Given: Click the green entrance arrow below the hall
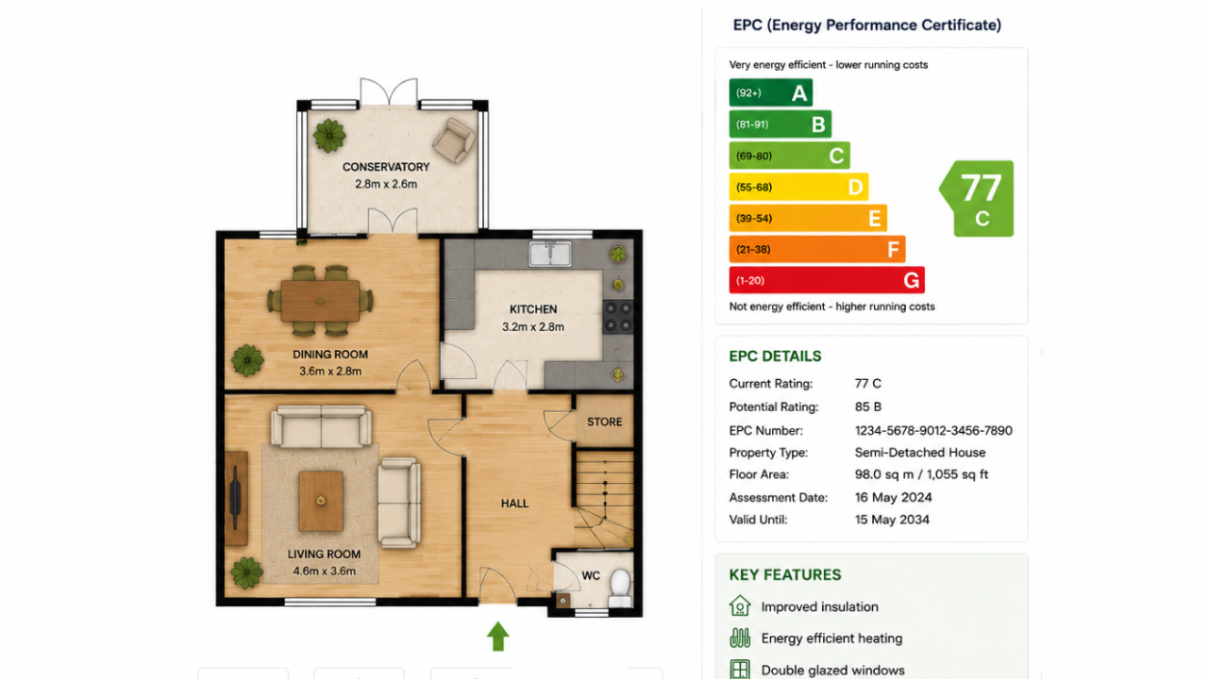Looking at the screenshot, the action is [497, 637].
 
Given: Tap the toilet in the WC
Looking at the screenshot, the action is [620, 588].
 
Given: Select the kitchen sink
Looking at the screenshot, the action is [549, 255].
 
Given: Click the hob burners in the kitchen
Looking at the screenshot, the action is [618, 317].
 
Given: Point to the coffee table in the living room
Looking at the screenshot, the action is [321, 501].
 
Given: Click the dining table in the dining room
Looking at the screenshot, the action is [320, 301].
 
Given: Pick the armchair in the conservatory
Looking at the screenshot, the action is [454, 141].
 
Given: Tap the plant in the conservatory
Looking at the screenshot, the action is [329, 135].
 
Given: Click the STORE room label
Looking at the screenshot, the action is [605, 422].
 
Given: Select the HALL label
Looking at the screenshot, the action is [514, 504].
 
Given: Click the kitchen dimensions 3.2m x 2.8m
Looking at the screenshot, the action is [533, 327].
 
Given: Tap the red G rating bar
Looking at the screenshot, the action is [827, 280].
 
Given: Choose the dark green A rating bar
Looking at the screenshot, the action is [771, 92].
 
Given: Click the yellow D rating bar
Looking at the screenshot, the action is [798, 187].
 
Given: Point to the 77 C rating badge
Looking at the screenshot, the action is [977, 198].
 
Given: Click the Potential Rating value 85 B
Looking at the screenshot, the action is [867, 406].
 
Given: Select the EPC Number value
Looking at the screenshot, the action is [933, 431].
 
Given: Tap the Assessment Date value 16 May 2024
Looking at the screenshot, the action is [893, 497].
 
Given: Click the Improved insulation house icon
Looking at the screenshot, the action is [740, 605].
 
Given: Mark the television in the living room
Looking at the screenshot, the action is [235, 498].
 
